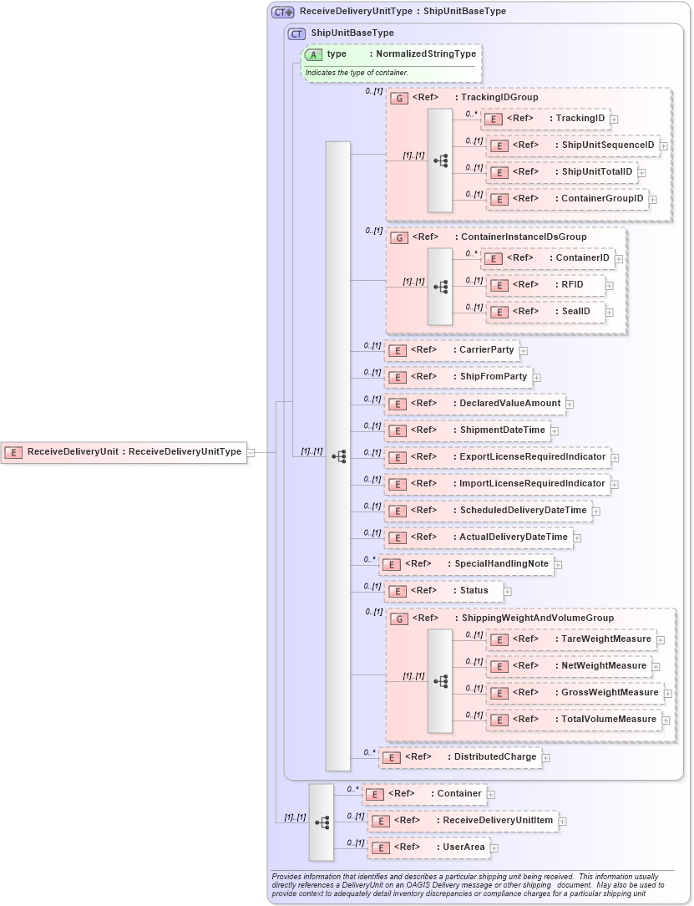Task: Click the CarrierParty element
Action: (x=452, y=350)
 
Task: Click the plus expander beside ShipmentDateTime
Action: (x=555, y=431)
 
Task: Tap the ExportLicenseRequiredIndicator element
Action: (x=497, y=457)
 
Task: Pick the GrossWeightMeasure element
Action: (x=575, y=693)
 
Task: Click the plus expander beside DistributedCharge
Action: (x=546, y=758)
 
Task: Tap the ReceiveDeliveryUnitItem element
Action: (x=463, y=821)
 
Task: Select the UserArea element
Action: (x=428, y=847)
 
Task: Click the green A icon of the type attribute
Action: (x=313, y=55)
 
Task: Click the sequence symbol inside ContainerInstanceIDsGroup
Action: (x=440, y=287)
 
